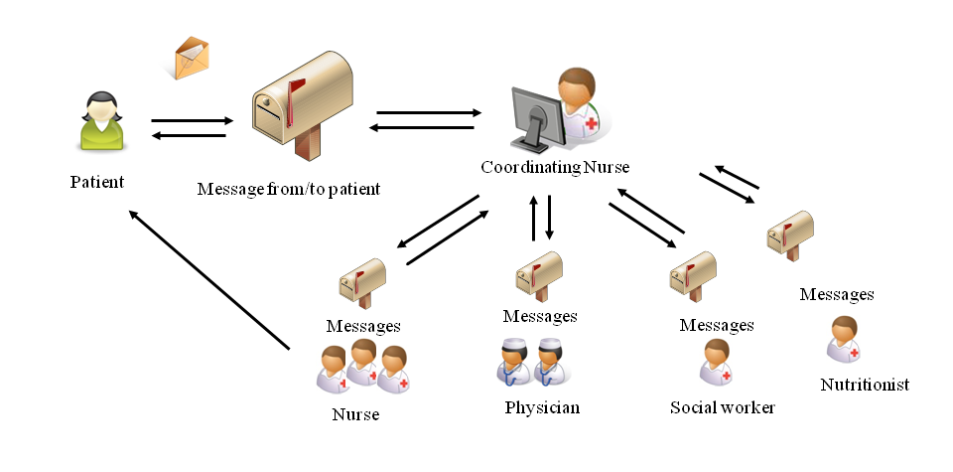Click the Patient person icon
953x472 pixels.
(100, 123)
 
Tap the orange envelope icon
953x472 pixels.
(191, 59)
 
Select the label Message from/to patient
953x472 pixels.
(288, 188)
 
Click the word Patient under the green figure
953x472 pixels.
(97, 182)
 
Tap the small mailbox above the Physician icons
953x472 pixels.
(540, 273)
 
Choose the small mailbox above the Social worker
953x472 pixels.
(692, 273)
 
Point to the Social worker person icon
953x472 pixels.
(716, 363)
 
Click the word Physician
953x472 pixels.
(541, 407)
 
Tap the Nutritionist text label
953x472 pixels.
(865, 385)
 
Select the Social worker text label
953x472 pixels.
(722, 407)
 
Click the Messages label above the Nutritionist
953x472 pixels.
(836, 294)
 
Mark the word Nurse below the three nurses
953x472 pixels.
(354, 414)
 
